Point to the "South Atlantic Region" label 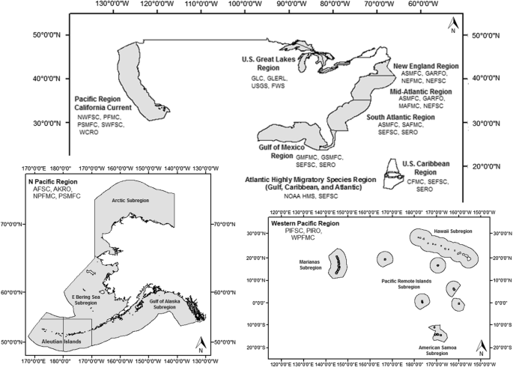pyautogui.click(x=400, y=117)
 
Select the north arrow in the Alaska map pyautogui.click(x=200, y=344)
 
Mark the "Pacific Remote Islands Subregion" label pyautogui.click(x=410, y=282)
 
